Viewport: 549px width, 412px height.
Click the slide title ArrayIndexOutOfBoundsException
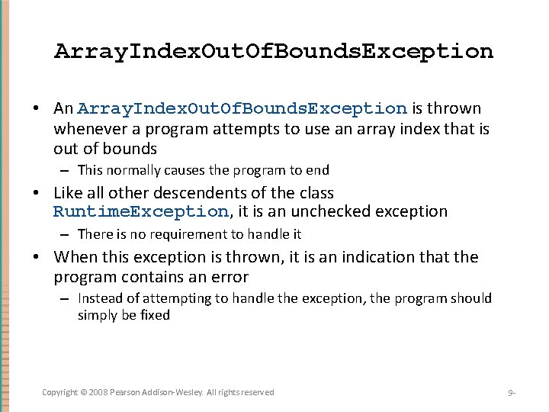pos(274,51)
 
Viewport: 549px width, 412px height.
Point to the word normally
pos(131,170)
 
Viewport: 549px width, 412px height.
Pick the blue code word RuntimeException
pos(140,212)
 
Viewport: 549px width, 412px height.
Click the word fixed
pos(155,315)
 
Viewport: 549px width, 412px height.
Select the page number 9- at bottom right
pos(512,393)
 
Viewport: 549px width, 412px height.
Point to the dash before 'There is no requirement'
pos(66,234)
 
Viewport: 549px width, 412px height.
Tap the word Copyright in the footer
pos(59,392)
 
